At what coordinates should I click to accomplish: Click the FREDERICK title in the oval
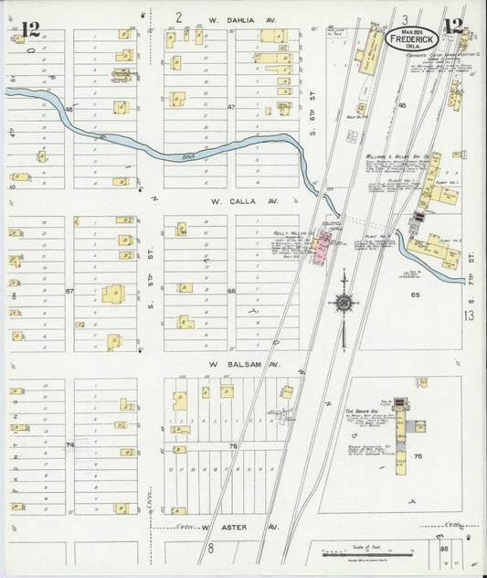point(413,40)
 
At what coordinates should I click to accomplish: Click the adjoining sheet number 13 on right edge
point(470,315)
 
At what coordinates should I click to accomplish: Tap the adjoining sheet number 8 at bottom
point(209,549)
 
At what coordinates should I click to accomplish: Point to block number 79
point(69,445)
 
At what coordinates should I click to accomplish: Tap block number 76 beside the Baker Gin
point(418,455)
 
